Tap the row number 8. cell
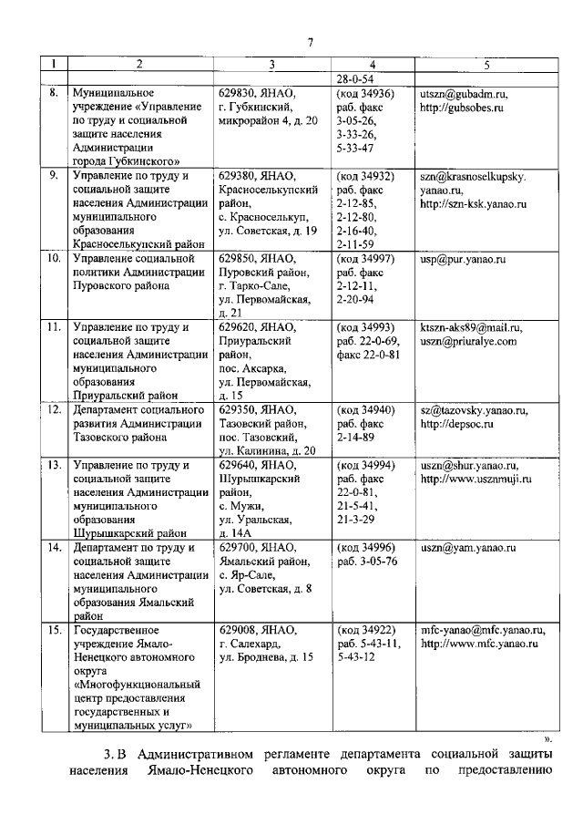(x=54, y=93)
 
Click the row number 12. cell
(x=54, y=410)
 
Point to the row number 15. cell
(x=54, y=629)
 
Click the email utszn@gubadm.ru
(x=464, y=94)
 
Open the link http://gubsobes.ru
(x=464, y=108)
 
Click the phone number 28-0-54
(x=356, y=79)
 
